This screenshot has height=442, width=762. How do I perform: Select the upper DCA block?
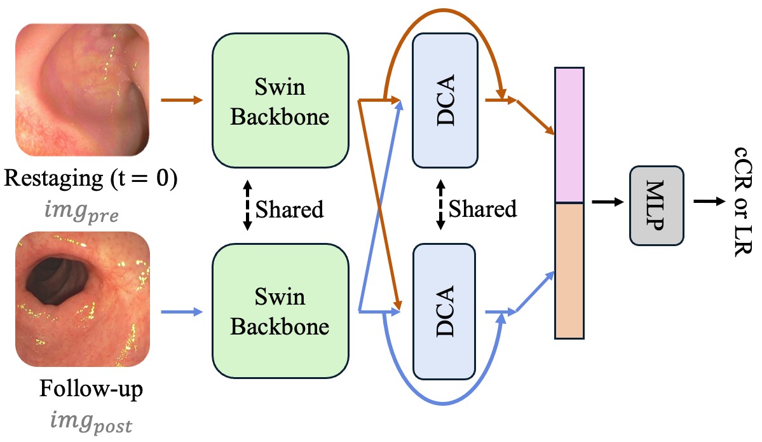click(444, 100)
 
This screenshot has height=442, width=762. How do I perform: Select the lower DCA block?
click(444, 311)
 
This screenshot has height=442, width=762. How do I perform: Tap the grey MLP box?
click(657, 205)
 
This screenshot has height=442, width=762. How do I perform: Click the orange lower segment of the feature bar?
click(569, 270)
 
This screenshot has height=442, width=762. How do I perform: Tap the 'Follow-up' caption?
click(92, 389)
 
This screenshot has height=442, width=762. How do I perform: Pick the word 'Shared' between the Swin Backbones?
click(289, 208)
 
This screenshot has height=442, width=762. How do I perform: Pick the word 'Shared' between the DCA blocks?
click(482, 208)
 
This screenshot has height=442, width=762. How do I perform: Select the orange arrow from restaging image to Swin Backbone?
click(182, 100)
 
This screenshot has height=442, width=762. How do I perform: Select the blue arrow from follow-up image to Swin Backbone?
click(182, 312)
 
